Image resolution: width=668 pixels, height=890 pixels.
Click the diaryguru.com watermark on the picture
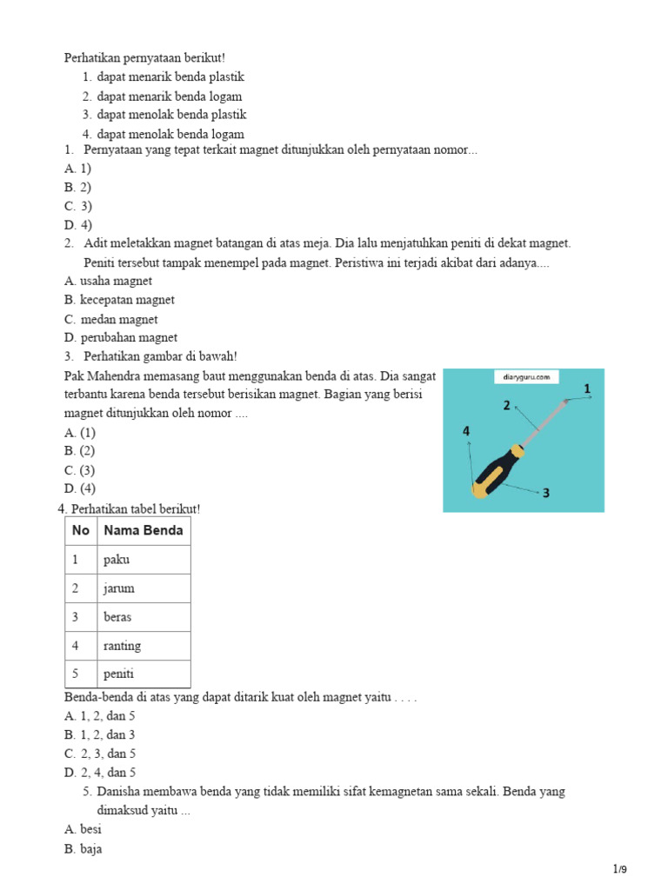click(x=525, y=377)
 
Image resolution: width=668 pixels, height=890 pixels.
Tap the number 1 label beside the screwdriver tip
click(x=587, y=389)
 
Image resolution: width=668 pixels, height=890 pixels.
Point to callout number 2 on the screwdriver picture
click(x=506, y=405)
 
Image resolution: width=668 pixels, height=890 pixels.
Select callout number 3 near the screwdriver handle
click(x=545, y=493)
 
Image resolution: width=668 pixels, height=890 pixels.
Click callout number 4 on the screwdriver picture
click(x=466, y=431)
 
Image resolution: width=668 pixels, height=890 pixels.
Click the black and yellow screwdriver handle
click(x=498, y=473)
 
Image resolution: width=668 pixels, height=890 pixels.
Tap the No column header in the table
click(x=81, y=530)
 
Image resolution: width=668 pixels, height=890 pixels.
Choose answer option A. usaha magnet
click(x=108, y=281)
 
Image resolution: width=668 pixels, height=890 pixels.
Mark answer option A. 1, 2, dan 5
click(x=100, y=716)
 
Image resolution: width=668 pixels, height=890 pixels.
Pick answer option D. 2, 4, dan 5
click(x=100, y=772)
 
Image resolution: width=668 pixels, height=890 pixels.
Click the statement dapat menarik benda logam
click(x=170, y=96)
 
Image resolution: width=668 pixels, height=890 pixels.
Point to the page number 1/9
click(x=619, y=869)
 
